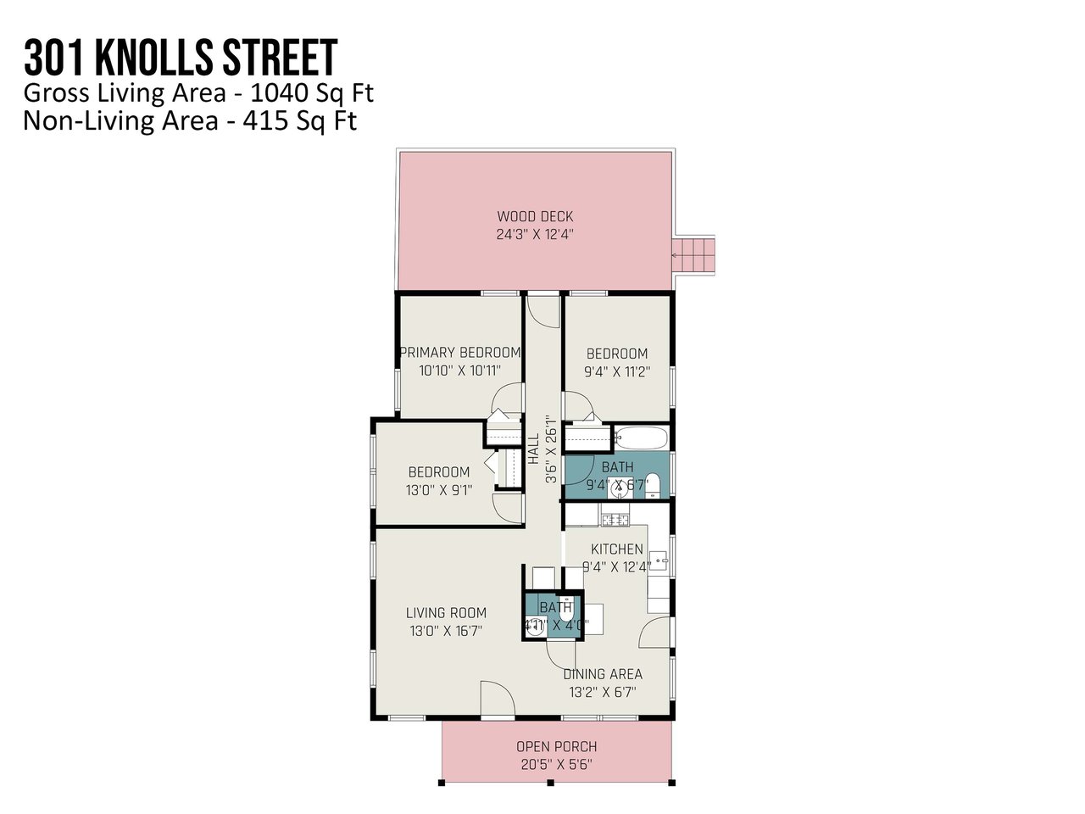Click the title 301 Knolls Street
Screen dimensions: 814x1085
pyautogui.click(x=181, y=58)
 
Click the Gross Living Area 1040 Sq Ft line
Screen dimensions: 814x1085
pyautogui.click(x=198, y=92)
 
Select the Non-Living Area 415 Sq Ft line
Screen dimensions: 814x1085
pyautogui.click(x=190, y=120)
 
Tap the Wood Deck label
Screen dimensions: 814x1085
pyautogui.click(x=535, y=216)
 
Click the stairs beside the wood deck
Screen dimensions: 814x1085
pyautogui.click(x=693, y=252)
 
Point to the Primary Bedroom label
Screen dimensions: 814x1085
pyautogui.click(x=459, y=352)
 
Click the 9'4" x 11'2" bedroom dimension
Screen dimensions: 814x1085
pyautogui.click(x=617, y=371)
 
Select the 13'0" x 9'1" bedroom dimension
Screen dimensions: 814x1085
pyautogui.click(x=439, y=489)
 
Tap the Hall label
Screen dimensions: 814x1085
pyautogui.click(x=534, y=449)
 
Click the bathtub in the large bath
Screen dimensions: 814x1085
pyautogui.click(x=641, y=439)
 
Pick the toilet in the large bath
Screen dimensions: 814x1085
pyautogui.click(x=652, y=485)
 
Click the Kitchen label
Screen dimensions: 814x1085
pyautogui.click(x=616, y=549)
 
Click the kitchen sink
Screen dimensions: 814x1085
pyautogui.click(x=663, y=560)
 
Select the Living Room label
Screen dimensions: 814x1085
pyautogui.click(x=446, y=612)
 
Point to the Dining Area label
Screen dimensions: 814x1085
pyautogui.click(x=603, y=674)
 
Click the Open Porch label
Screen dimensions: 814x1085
pyautogui.click(x=556, y=746)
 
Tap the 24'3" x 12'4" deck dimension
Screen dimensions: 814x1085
pyautogui.click(x=535, y=235)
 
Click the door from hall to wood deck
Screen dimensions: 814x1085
pyautogui.click(x=543, y=310)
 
